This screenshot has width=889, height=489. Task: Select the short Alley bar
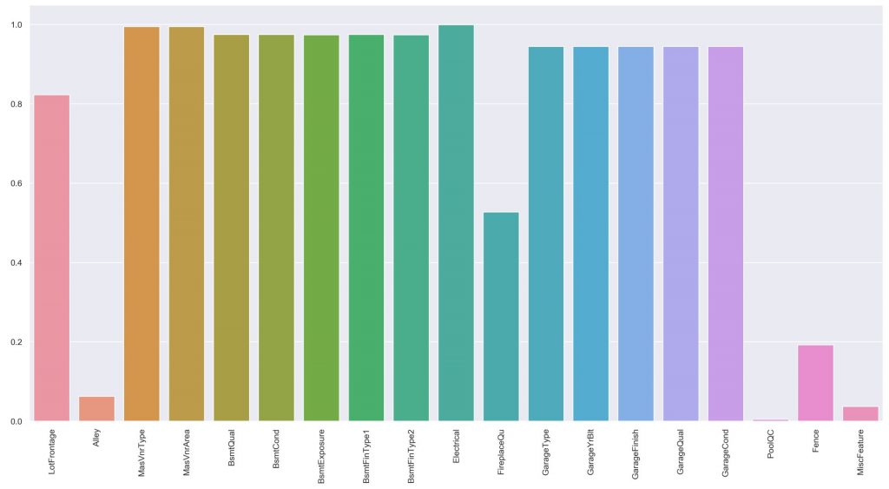point(96,409)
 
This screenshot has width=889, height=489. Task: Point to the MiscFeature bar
point(860,414)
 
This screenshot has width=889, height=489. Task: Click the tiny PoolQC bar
point(770,420)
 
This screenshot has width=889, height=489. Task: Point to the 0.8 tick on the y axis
point(16,104)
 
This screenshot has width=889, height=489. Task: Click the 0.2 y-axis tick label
point(16,342)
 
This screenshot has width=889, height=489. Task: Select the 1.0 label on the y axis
point(16,25)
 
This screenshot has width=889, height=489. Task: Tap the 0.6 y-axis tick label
point(16,184)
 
